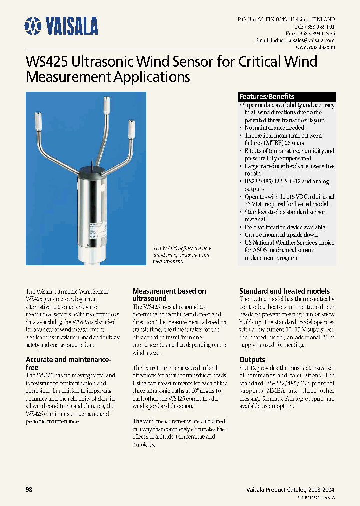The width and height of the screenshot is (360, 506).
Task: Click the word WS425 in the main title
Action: [47, 63]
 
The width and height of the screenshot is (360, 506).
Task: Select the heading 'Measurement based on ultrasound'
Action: [169, 294]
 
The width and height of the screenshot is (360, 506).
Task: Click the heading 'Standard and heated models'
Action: [284, 291]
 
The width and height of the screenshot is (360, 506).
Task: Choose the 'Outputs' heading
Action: [252, 360]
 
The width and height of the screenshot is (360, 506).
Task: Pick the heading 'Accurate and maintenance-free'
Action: [68, 363]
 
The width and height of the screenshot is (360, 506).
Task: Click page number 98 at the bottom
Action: [29, 490]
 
